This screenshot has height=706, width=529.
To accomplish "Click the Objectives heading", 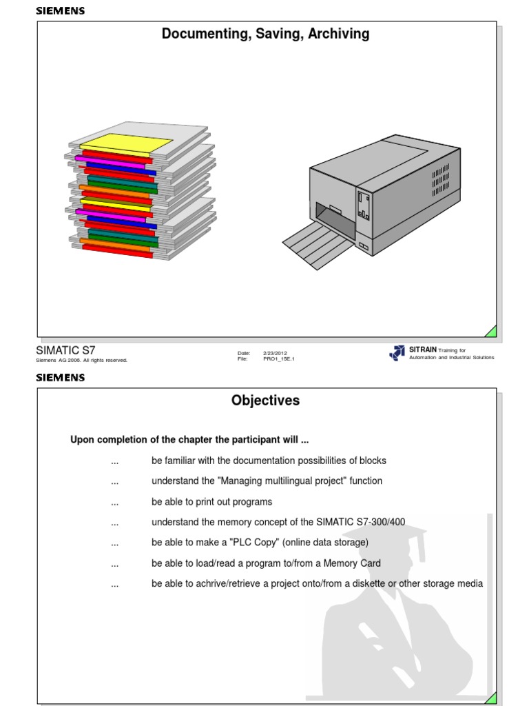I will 265,401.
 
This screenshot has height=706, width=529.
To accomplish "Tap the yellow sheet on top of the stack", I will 127,143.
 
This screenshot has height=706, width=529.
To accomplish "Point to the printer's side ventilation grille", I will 441,180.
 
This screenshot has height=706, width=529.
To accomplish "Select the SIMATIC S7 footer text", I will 65,350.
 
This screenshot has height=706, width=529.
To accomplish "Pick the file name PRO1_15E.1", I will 279,359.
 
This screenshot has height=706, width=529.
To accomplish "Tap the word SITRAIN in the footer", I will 423,350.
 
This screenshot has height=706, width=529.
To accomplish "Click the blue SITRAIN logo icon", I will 397,353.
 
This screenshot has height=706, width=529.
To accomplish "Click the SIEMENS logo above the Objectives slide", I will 60,378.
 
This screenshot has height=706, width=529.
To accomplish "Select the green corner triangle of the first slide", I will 490,331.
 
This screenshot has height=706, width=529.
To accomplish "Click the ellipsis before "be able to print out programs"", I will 115,502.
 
